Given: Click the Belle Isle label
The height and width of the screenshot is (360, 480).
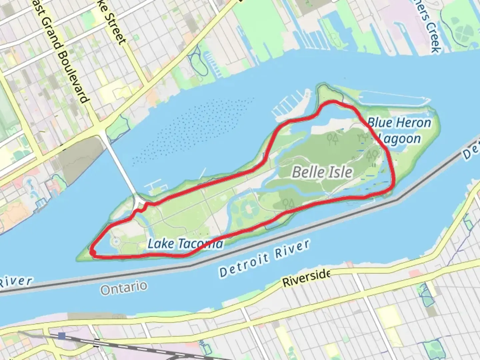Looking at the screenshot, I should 322,172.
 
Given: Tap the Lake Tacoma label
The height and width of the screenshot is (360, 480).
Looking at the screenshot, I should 185,244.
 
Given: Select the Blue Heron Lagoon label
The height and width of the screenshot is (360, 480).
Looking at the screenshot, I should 399,130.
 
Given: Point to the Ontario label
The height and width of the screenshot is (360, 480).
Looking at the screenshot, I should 124,288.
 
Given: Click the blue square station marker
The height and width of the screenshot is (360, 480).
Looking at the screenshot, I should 62,335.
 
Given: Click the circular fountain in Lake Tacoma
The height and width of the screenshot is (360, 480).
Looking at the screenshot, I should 116,240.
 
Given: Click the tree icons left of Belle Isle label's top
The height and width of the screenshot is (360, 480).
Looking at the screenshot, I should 332,139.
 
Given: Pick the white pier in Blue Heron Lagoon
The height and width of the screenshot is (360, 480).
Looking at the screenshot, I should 393,99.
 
